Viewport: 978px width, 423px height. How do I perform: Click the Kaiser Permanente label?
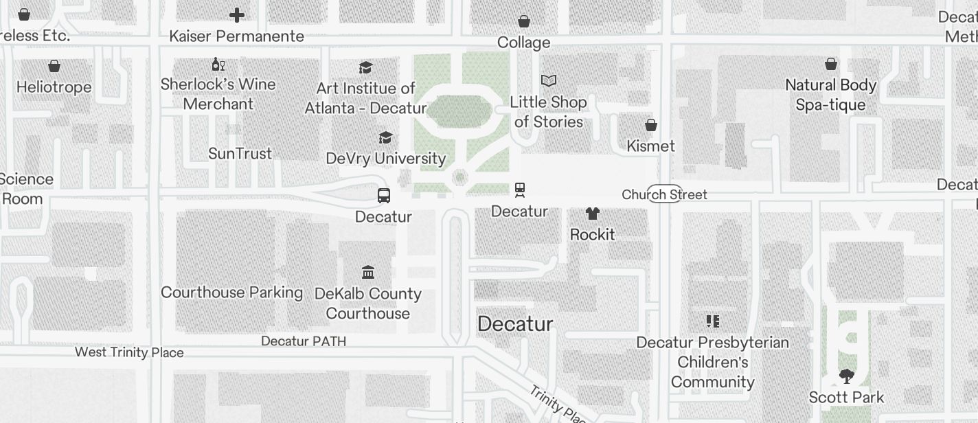click(236, 36)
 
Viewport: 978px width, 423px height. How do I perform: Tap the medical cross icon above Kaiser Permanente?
click(237, 15)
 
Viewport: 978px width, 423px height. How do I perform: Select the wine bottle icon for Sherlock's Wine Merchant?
click(218, 65)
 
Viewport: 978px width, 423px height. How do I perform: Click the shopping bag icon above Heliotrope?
click(54, 66)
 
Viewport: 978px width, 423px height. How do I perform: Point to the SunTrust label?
click(240, 154)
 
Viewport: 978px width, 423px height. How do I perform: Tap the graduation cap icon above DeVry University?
click(386, 138)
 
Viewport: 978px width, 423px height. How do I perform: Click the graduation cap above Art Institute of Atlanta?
click(366, 67)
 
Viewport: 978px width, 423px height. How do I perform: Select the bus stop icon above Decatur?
click(384, 196)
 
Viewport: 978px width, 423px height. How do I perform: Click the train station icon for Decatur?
click(520, 190)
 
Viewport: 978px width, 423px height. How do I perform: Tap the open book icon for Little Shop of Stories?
click(548, 81)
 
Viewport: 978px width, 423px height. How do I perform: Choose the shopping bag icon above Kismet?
click(651, 125)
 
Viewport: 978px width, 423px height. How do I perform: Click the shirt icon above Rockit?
click(593, 214)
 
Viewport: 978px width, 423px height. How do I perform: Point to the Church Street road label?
click(664, 194)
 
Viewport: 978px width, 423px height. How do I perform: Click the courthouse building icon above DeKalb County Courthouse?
click(368, 273)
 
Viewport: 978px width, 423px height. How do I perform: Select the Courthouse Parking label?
click(231, 293)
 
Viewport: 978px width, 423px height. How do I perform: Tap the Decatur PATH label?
click(304, 341)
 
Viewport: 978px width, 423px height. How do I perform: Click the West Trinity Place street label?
click(129, 352)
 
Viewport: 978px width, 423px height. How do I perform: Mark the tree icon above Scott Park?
click(846, 376)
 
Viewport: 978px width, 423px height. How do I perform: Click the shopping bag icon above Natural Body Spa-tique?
click(831, 64)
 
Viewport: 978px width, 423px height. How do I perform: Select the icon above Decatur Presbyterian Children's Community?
click(713, 321)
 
